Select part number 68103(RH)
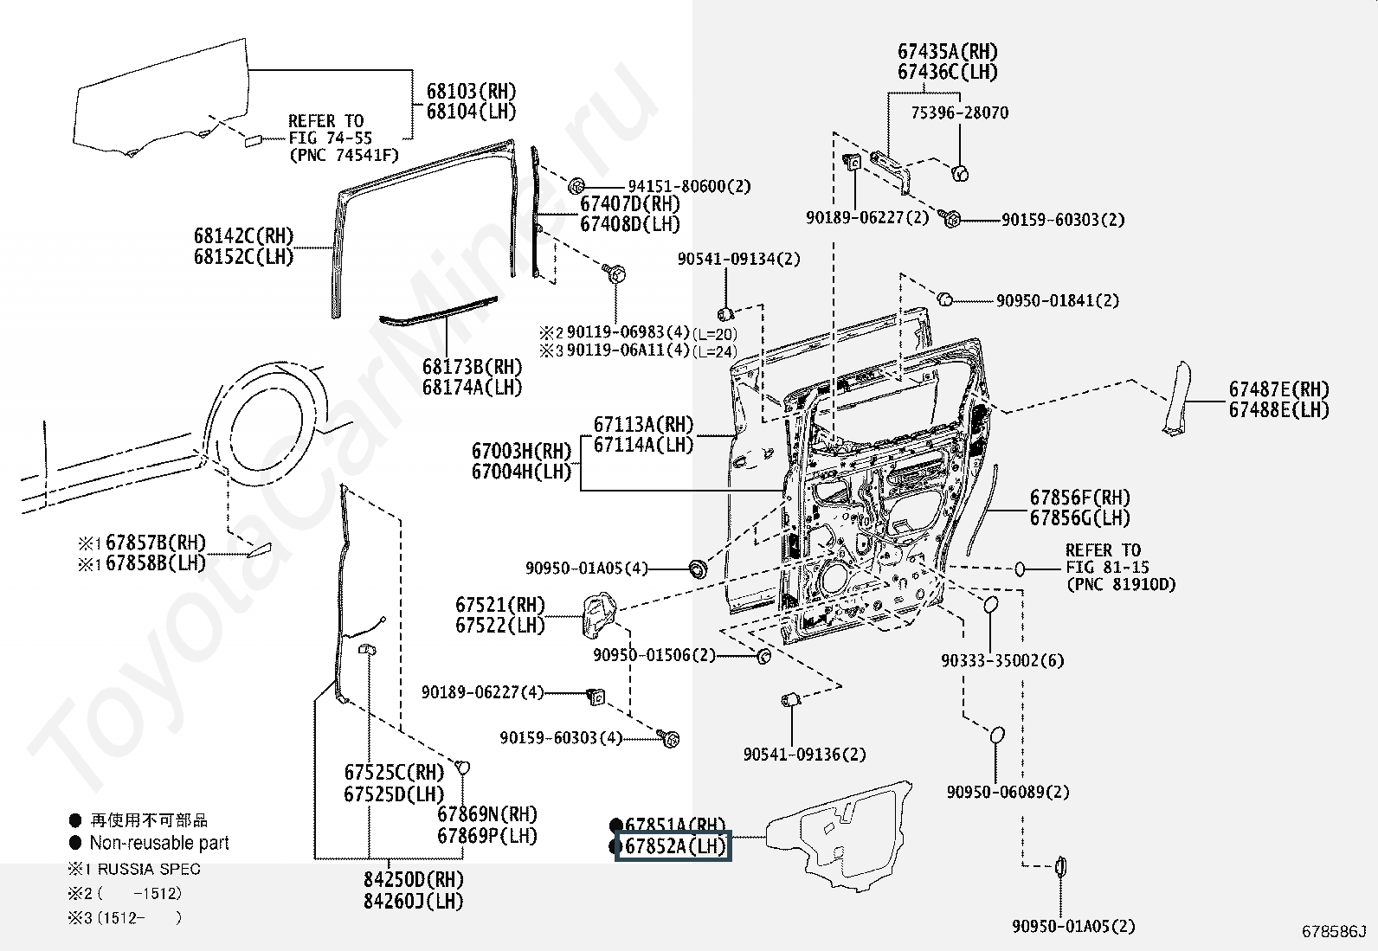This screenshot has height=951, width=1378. tap(471, 91)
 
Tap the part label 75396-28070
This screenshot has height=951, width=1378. tap(960, 112)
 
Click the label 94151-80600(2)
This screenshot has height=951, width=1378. tap(689, 186)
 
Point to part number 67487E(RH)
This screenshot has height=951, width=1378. tap(1279, 389)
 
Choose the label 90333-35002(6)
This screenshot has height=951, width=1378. tap(1002, 660)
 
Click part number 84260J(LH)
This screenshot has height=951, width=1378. tap(414, 901)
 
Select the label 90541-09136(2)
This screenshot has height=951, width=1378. tap(805, 754)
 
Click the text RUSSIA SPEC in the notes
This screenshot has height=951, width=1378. tap(149, 869)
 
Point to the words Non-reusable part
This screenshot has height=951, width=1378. tap(159, 842)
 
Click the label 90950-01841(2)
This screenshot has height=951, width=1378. tap(1058, 300)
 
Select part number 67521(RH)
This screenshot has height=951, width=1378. tap(500, 605)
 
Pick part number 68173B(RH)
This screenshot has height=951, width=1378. tap(472, 367)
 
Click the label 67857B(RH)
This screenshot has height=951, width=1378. tap(156, 543)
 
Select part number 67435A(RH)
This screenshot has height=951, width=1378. tap(947, 51)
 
